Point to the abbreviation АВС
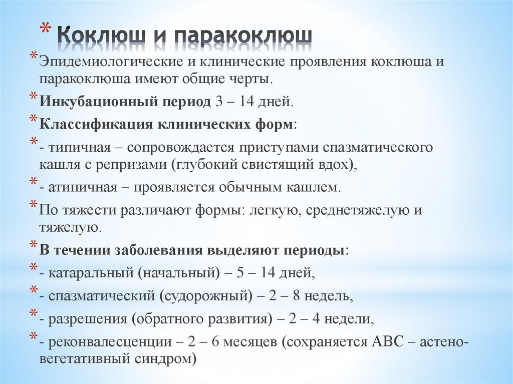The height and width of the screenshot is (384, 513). click(388, 342)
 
